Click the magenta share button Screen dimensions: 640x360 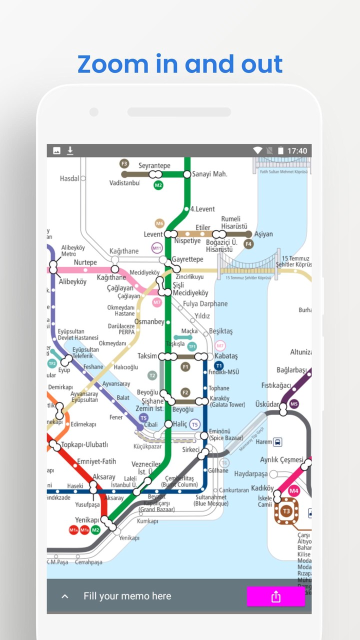coord(275,596)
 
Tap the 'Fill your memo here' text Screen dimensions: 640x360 coord(127,596)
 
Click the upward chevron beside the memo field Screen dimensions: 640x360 coord(64,596)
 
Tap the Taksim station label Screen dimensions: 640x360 coord(147,356)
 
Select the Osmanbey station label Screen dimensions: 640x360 coord(149,322)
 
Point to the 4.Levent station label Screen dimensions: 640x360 coord(202,209)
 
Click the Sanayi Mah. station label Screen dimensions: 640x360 coord(209,174)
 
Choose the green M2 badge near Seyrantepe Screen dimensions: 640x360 coord(158,185)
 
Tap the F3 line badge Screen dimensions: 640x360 coord(124,163)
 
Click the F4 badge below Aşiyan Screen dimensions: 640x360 coord(248,244)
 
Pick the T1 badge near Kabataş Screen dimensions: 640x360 coord(219,365)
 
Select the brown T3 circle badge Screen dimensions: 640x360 coord(286,511)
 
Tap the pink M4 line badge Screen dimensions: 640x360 coord(293,491)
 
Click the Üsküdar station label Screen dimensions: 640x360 coord(267,404)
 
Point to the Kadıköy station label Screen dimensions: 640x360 coord(262,488)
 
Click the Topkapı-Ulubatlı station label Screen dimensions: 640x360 coord(84,444)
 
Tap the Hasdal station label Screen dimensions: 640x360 coord(69,178)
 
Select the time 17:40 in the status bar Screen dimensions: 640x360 coord(297,151)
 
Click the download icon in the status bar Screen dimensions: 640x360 coord(70,150)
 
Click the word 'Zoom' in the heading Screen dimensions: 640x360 coord(112,64)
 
